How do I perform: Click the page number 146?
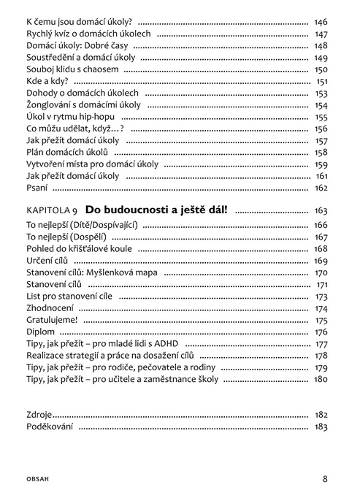tap(321, 23)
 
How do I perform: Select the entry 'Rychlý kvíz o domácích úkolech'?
tap(88, 34)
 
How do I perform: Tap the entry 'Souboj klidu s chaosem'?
tap(72, 69)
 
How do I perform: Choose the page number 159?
tap(321, 164)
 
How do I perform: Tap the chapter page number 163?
tap(321, 210)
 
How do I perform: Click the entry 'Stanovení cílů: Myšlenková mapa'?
tap(91, 272)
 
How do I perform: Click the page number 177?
tap(321, 343)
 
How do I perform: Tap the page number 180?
tap(321, 379)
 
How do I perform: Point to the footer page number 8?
tap(324, 479)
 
